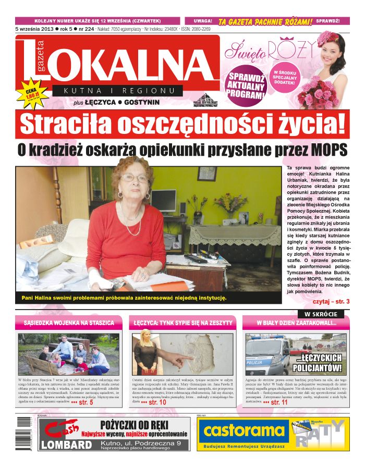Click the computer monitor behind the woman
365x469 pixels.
pyautogui.click(x=163, y=200)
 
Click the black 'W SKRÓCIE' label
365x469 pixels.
pyautogui.click(x=321, y=314)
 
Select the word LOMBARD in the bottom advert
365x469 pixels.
pyautogui.click(x=66, y=445)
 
